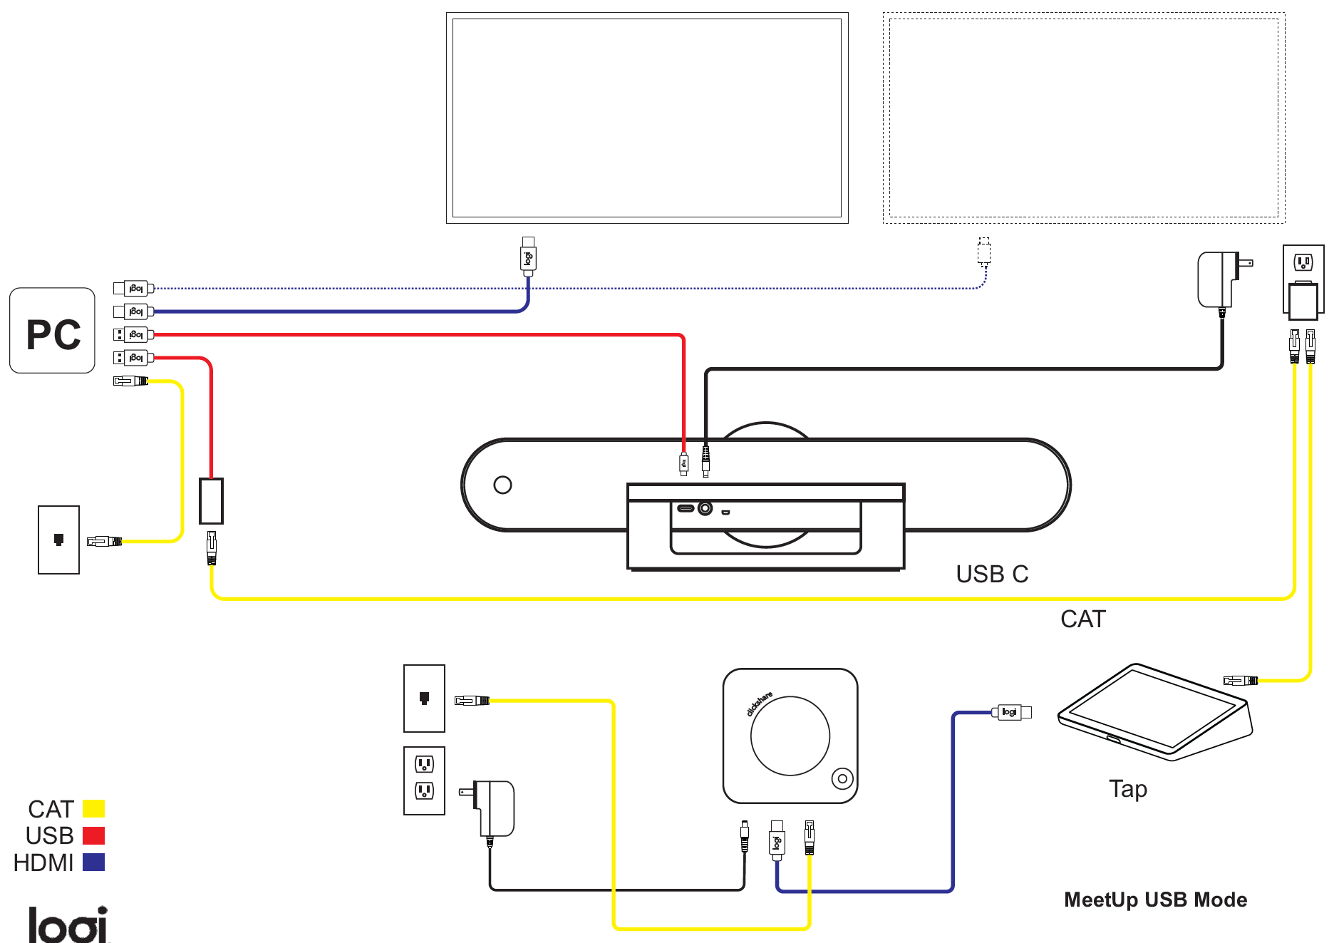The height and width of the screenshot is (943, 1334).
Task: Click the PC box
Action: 52,331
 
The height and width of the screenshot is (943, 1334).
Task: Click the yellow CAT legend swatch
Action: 93,808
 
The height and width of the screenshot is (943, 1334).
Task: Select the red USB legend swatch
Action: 93,835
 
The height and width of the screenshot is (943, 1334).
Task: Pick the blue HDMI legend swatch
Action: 93,862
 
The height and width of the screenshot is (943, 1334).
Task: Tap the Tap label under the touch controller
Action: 1127,789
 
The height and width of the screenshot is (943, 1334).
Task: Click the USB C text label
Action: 991,574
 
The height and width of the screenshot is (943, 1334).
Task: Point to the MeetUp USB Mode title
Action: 1154,900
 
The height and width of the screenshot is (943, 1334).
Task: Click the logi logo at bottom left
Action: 68,924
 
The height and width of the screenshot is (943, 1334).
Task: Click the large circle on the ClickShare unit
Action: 790,736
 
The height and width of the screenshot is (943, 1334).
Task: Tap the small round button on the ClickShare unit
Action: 842,778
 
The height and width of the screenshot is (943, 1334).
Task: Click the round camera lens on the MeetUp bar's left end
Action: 502,485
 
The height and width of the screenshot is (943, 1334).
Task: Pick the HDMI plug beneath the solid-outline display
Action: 528,257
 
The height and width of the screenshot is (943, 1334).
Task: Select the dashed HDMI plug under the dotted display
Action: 984,252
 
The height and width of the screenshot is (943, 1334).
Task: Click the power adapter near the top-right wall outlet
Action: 1219,279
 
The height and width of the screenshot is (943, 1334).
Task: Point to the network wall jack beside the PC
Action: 58,540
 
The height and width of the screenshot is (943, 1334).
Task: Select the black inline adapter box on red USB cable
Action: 211,501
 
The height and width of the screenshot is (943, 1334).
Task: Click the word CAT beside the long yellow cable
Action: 1082,619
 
